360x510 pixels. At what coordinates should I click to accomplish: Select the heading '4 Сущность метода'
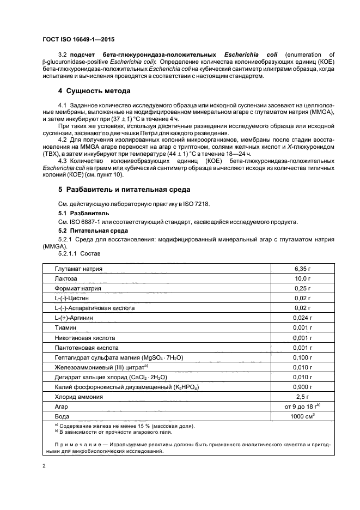tap(94, 90)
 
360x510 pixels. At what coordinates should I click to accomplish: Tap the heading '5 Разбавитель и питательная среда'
tap(124, 189)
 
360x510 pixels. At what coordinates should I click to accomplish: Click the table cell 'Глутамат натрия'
tap(78, 269)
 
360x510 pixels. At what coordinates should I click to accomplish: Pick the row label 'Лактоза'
tap(66, 279)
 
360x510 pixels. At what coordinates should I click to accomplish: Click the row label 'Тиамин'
tap(65, 328)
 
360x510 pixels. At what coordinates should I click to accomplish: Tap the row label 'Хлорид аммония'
tap(78, 397)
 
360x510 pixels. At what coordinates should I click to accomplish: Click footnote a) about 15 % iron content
tap(117, 426)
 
